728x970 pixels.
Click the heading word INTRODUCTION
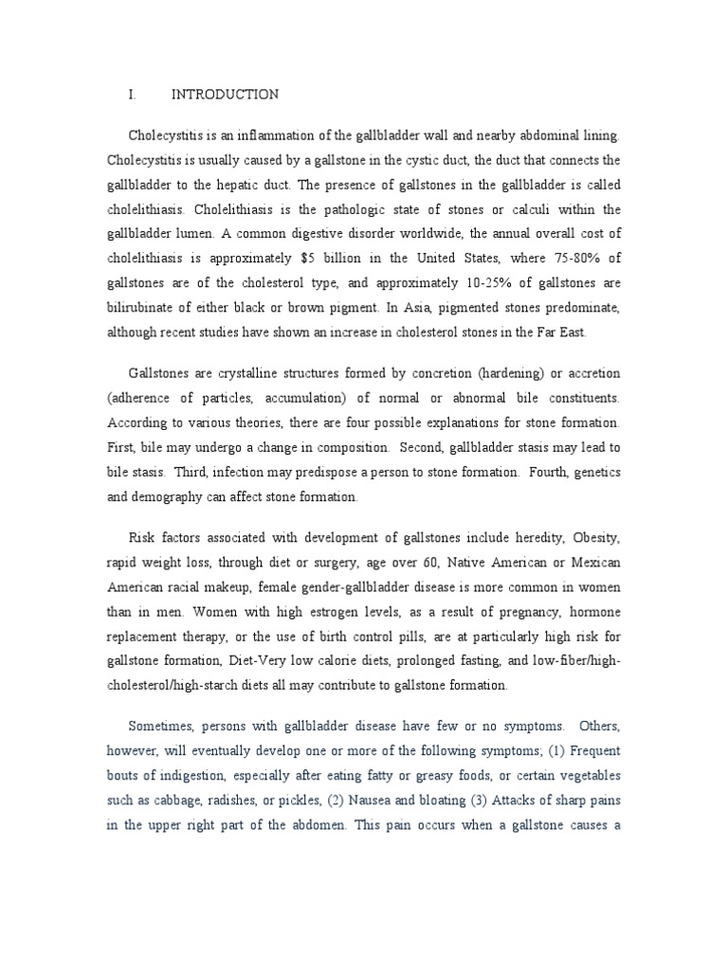pos(225,95)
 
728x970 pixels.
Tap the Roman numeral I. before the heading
pos(133,95)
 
